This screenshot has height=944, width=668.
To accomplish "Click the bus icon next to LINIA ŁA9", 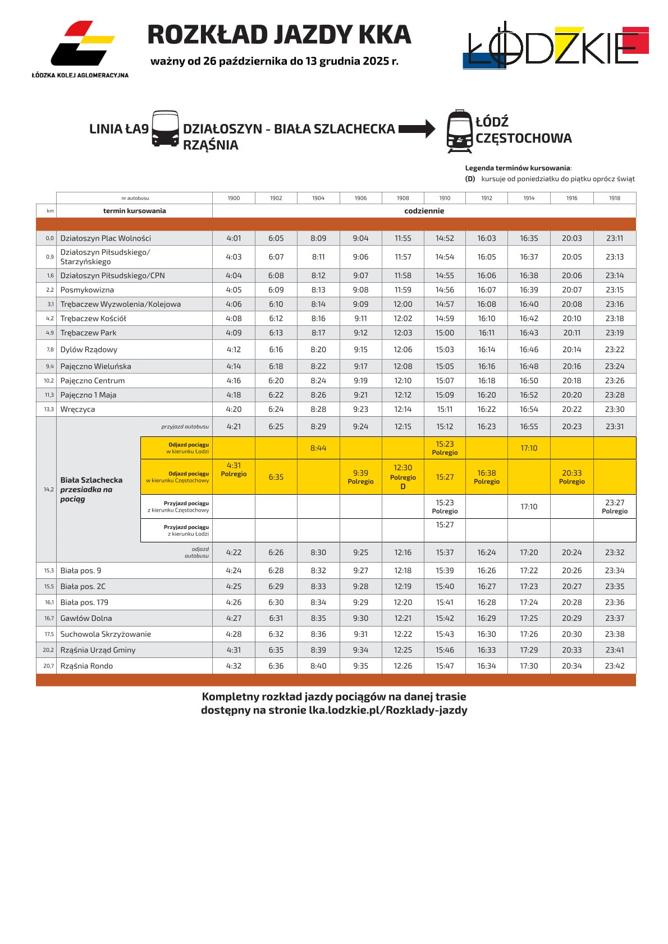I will [166, 129].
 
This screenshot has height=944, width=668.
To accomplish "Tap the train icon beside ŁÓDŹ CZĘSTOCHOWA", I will [460, 131].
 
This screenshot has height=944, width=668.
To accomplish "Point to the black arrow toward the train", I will [417, 129].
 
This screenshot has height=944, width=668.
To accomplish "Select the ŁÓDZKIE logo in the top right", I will [556, 47].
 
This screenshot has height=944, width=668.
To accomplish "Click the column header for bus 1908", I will [402, 198].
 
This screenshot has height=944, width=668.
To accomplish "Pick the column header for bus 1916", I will [571, 198].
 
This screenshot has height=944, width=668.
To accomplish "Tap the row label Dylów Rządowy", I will [89, 349].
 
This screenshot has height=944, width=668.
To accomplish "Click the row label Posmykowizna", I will [87, 290].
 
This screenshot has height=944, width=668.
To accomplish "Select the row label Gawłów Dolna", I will [86, 618].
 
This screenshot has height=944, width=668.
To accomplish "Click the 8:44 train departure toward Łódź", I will [318, 448].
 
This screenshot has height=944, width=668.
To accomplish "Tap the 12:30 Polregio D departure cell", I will [402, 477].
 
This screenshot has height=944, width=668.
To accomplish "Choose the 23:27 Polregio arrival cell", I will [615, 506].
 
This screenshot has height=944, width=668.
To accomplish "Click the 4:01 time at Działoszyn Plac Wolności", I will [234, 238].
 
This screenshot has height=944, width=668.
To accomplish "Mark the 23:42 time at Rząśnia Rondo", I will [615, 666].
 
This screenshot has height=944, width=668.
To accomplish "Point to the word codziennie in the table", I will [424, 211].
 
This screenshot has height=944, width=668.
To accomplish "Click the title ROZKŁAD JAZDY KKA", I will [279, 35].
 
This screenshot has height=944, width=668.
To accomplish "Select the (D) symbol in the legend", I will [470, 179].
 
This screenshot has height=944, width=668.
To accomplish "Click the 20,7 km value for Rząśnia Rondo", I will [49, 666].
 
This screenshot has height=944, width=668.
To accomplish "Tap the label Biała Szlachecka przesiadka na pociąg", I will [91, 489].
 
